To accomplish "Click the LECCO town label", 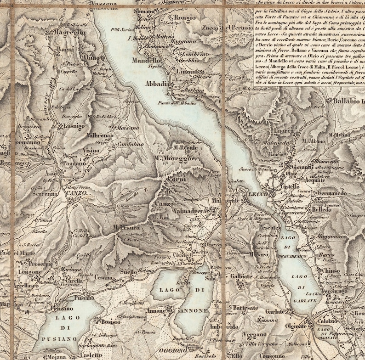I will click(x=257, y=194).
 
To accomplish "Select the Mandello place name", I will click(x=145, y=60).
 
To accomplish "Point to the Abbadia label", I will click(x=156, y=84).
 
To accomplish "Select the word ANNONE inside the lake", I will click(x=194, y=311).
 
